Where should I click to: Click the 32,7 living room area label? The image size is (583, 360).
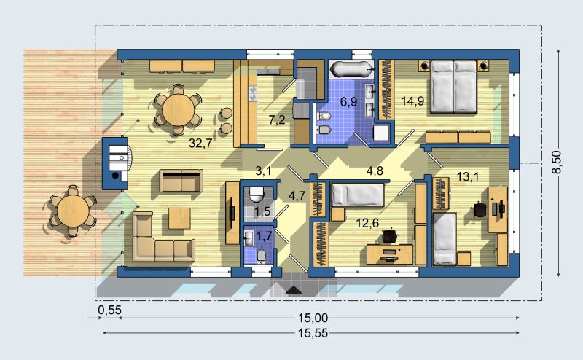point(200,143)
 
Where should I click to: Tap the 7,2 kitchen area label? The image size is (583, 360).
point(277,120)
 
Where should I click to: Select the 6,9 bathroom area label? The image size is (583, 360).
point(349,101)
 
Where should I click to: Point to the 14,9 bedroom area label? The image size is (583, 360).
point(412,101)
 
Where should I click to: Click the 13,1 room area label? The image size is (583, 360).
point(468,176)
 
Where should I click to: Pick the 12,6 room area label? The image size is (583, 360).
point(367,223)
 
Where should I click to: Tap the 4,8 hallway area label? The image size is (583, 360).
point(375,171)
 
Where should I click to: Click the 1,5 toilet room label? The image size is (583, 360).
point(262,211)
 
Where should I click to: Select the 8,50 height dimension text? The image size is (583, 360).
point(556,163)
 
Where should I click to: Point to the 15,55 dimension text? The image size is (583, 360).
point(313,333)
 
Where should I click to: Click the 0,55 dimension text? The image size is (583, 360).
point(110,310)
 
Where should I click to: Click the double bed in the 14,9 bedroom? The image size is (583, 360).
point(453,86)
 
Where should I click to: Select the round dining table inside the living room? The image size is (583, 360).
point(179,110)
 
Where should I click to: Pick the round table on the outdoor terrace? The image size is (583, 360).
point(73,211)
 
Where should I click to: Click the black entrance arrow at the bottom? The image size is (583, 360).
point(294,291)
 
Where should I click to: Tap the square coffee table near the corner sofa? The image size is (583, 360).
point(179,219)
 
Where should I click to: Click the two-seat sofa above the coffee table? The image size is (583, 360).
point(181,181)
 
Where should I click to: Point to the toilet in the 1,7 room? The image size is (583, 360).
point(262,256)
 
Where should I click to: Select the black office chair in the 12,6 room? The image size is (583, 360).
point(389,235)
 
